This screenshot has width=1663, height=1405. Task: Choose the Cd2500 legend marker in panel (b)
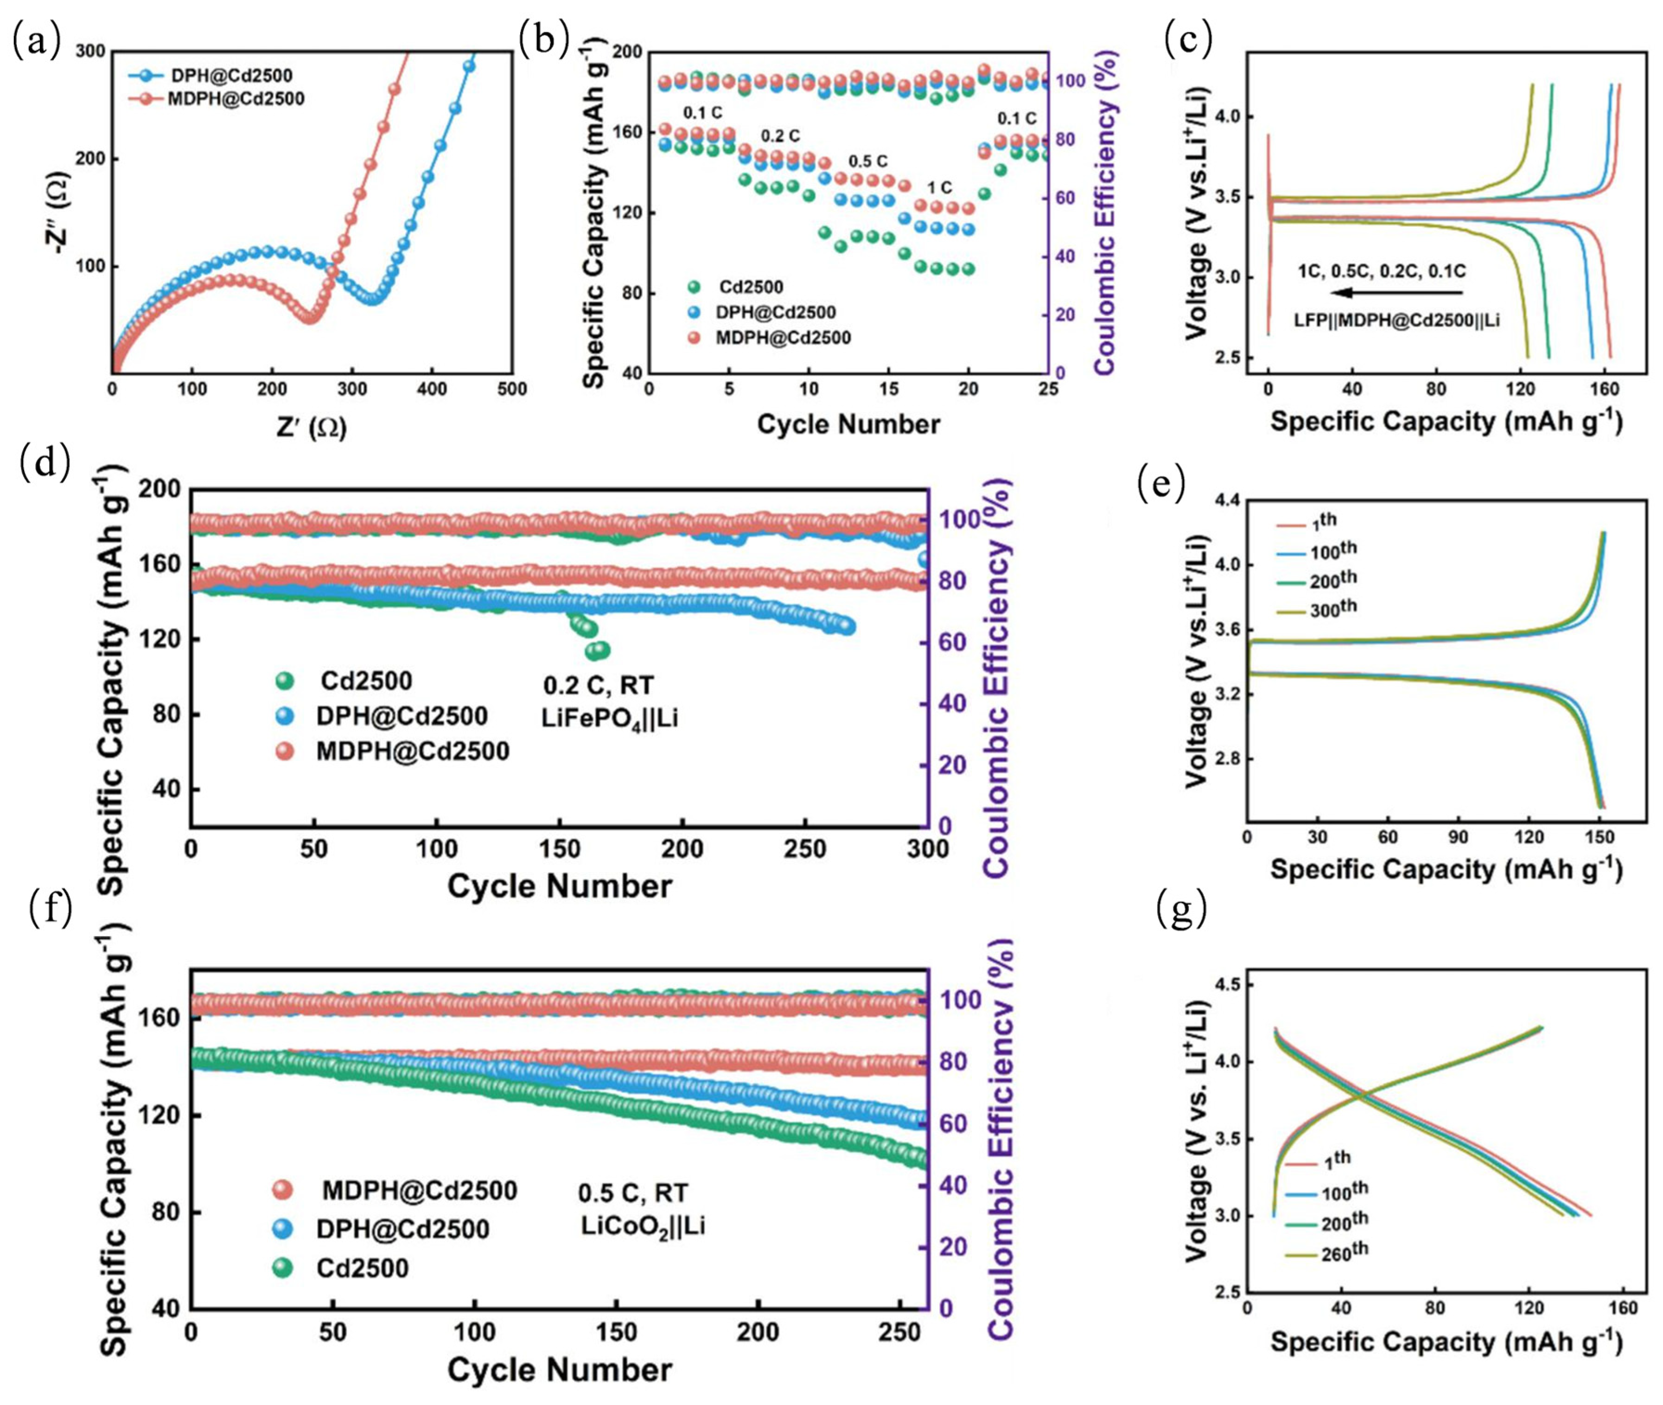694,287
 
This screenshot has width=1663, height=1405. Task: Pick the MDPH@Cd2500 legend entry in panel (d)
412,751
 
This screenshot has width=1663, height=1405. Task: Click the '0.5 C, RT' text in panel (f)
633,1193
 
